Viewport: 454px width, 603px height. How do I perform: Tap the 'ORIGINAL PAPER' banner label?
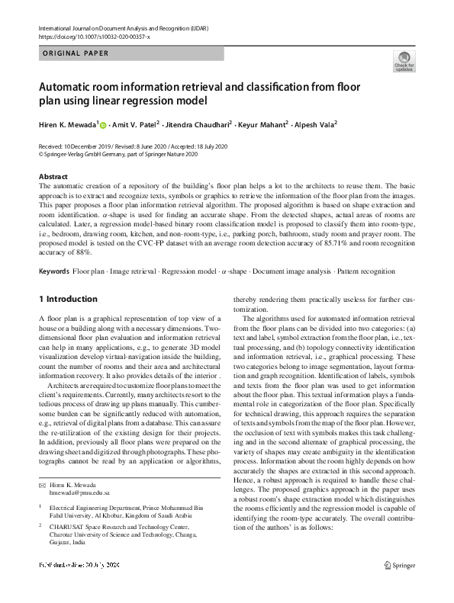[76, 53]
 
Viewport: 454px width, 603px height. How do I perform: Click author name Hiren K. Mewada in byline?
[67, 124]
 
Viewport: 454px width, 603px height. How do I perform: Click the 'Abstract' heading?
[53, 175]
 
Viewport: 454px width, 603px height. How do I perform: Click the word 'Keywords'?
[53, 271]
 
